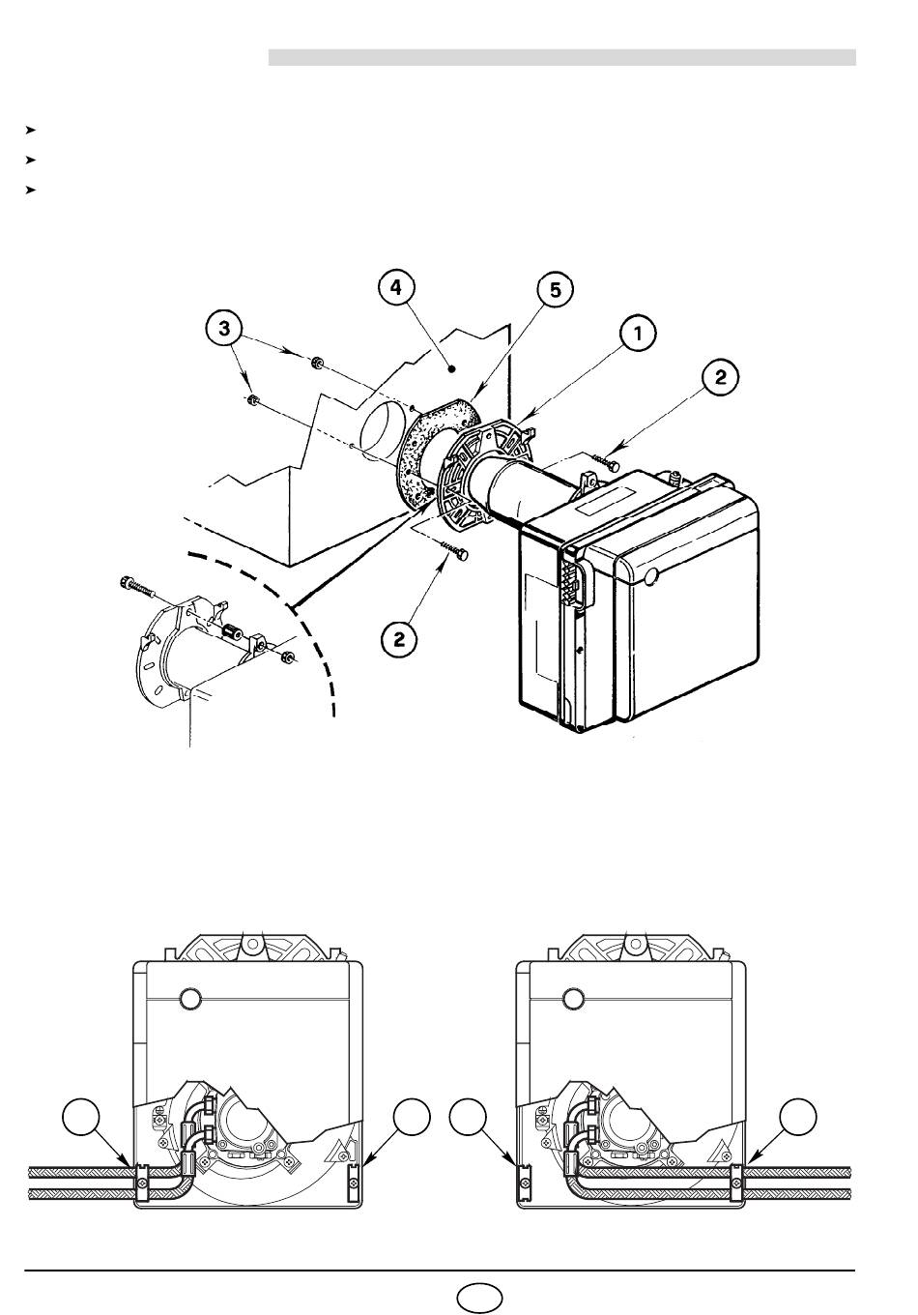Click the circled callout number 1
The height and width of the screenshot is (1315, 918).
coord(638,334)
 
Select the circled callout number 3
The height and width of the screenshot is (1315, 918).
coord(224,328)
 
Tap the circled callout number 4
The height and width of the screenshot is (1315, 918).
coord(396,288)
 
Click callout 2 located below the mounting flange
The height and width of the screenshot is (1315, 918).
coord(399,639)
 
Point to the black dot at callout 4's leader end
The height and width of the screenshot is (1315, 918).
coord(451,368)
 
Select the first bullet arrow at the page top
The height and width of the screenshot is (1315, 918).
coord(31,130)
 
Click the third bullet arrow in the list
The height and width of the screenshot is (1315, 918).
coord(31,190)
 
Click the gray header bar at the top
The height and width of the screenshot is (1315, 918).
coord(562,58)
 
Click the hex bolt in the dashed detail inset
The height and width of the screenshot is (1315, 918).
coord(136,586)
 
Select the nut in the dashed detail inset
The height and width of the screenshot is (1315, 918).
coord(288,657)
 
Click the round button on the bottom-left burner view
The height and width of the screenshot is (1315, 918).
coord(190,998)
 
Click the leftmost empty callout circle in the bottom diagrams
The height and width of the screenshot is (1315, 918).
coord(81,1120)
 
